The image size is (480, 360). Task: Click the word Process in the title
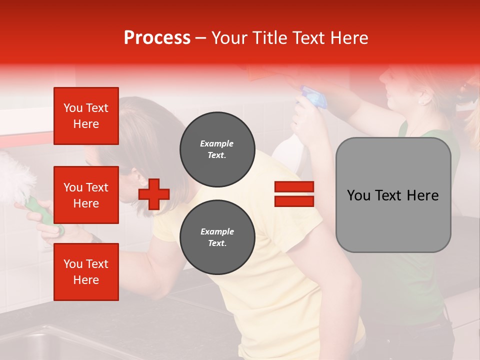coord(157,38)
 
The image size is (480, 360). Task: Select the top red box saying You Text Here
coord(86,116)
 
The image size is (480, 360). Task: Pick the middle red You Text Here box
coord(86,195)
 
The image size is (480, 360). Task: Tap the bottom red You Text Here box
coord(86,271)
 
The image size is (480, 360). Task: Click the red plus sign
coord(154,194)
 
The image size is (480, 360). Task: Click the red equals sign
coord(294,194)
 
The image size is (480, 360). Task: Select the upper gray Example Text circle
coord(217,149)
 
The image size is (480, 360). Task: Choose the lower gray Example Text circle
coord(217,237)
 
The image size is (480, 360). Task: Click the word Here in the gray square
coord(422,195)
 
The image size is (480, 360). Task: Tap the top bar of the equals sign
coord(294,187)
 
